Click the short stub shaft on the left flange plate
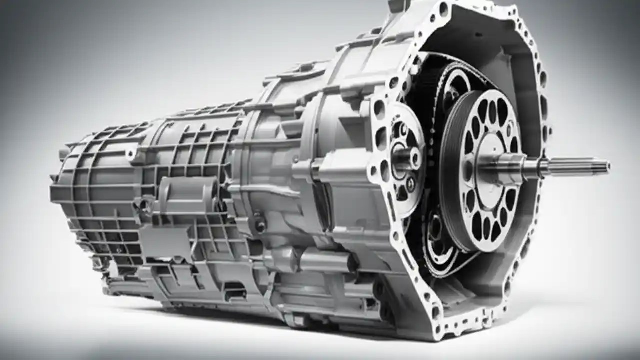point(402,159)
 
